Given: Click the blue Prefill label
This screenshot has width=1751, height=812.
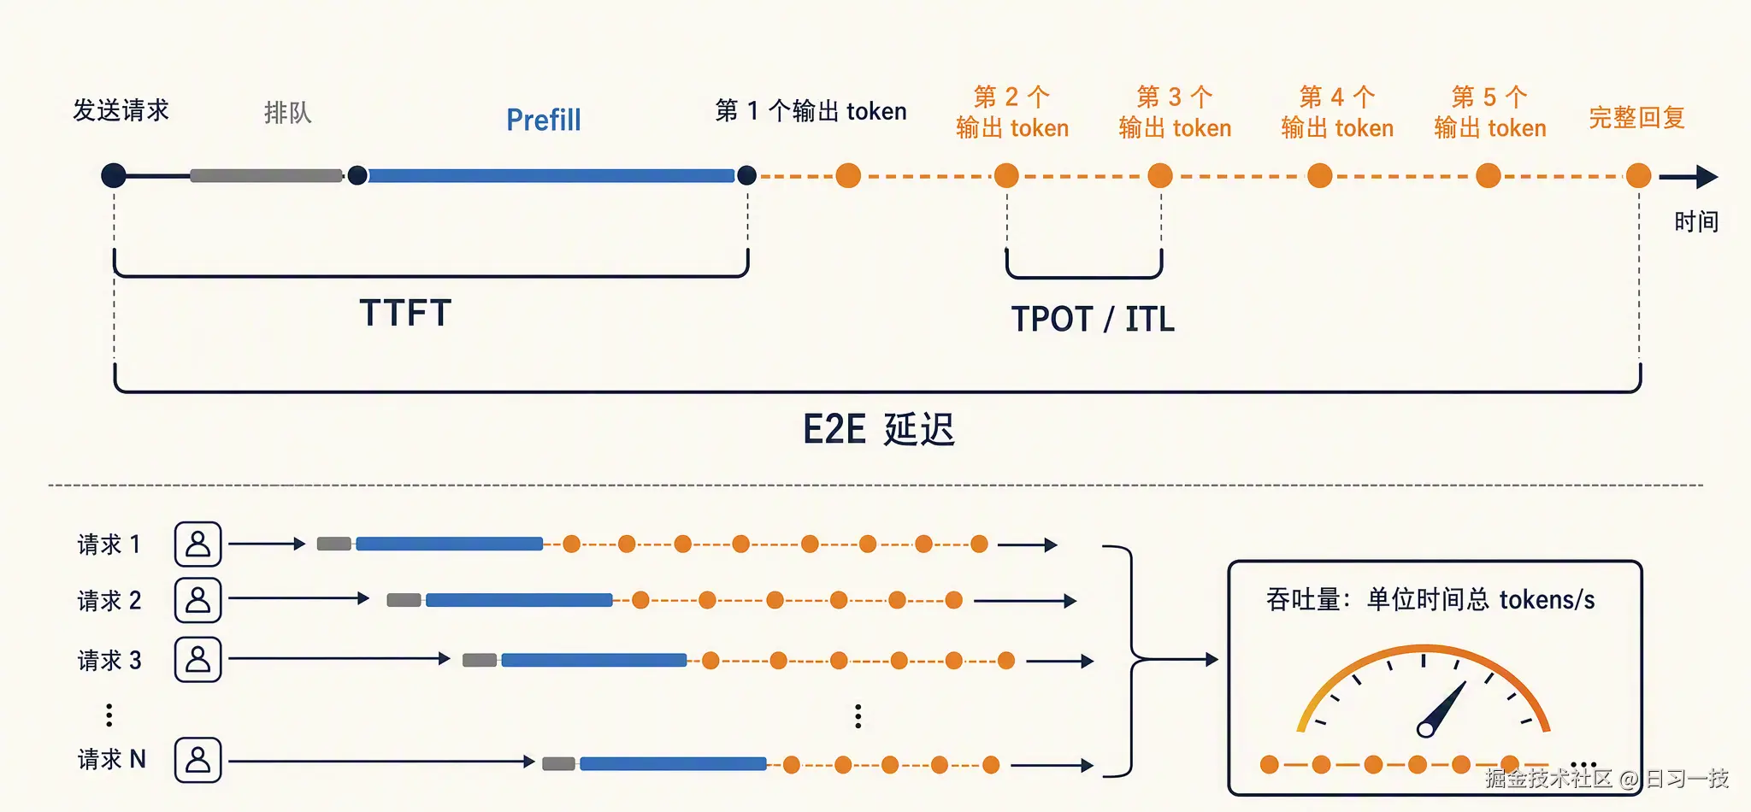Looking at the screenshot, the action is [x=544, y=120].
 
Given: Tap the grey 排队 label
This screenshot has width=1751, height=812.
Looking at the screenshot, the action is [x=288, y=112].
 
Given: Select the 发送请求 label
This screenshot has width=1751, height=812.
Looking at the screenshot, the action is [x=121, y=110].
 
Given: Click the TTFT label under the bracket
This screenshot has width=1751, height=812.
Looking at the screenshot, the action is [x=405, y=313].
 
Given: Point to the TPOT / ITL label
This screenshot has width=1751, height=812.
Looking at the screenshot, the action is [x=1093, y=319].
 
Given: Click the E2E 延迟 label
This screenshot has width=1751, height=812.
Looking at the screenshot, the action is [x=878, y=429].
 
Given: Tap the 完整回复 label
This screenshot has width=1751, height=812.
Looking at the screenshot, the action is [x=1636, y=117].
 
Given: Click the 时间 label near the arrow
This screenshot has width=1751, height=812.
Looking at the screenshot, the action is [x=1696, y=221].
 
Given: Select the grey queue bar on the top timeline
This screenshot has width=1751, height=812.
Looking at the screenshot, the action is [x=266, y=175].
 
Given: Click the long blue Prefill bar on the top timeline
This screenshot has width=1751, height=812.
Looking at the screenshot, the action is [x=551, y=175].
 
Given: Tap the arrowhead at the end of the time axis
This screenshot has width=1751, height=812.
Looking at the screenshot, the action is [x=1707, y=177].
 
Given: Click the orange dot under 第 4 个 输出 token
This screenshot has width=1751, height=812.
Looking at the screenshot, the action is [x=1320, y=176].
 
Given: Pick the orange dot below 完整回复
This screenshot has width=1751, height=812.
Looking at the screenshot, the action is [x=1638, y=176].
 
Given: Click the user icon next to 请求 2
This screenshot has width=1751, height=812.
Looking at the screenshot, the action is [x=198, y=600].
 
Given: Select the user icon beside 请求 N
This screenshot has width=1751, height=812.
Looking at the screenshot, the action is [x=198, y=760].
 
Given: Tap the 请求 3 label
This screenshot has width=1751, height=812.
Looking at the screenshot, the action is [x=109, y=660].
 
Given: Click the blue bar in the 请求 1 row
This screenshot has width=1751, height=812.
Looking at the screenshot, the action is [x=450, y=544].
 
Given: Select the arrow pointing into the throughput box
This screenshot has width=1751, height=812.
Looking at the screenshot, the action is [x=1176, y=660].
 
